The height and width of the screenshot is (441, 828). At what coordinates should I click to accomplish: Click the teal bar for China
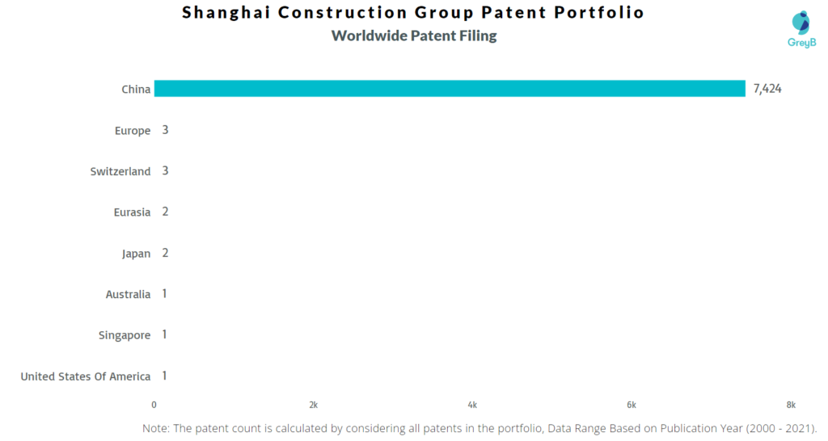[450, 89]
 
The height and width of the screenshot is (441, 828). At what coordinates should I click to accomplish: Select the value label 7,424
[767, 89]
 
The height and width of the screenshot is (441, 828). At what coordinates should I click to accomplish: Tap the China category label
[136, 89]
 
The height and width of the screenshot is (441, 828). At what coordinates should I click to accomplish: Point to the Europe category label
[133, 130]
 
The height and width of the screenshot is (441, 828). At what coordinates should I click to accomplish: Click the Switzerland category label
[120, 171]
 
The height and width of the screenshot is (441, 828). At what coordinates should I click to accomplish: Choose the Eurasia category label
[132, 212]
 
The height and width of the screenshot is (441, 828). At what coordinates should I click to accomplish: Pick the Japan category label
[136, 254]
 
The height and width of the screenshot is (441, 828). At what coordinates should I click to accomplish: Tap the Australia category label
[129, 294]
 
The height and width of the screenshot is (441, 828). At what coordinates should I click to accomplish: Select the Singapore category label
[125, 335]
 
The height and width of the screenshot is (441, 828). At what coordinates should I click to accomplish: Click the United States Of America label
[86, 376]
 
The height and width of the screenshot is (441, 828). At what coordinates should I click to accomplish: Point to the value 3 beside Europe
[165, 130]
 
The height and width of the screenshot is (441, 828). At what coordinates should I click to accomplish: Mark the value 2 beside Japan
[165, 253]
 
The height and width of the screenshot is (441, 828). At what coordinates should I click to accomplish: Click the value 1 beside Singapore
[165, 334]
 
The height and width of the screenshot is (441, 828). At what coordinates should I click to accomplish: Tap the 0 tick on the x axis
[154, 405]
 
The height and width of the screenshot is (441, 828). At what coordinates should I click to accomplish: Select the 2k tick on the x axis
[314, 405]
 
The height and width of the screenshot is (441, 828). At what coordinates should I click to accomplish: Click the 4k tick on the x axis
[472, 405]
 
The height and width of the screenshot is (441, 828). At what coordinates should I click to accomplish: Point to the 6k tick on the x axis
[632, 405]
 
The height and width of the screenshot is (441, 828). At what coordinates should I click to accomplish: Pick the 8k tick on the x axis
[791, 405]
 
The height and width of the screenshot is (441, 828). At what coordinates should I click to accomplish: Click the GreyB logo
[801, 30]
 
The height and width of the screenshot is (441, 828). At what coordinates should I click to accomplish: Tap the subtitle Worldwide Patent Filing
[414, 36]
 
